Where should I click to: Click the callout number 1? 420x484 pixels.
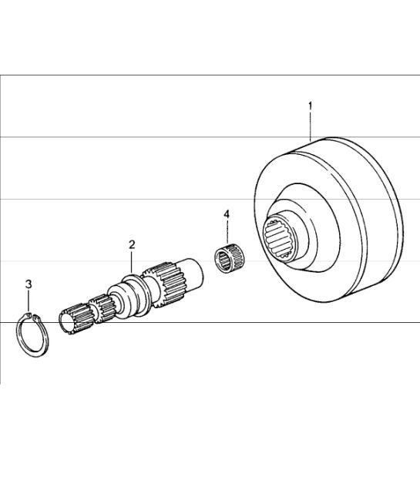coord(310,106)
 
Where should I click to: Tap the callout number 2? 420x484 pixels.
coord(132,245)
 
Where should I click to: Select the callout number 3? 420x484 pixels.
coord(29,284)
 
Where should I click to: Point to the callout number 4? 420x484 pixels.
coord(227,214)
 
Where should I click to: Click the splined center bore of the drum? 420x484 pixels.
coord(276,237)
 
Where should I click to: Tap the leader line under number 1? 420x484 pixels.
coord(311,126)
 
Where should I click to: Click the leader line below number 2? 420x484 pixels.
coord(132,262)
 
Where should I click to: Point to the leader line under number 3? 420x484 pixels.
coord(29,301)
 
